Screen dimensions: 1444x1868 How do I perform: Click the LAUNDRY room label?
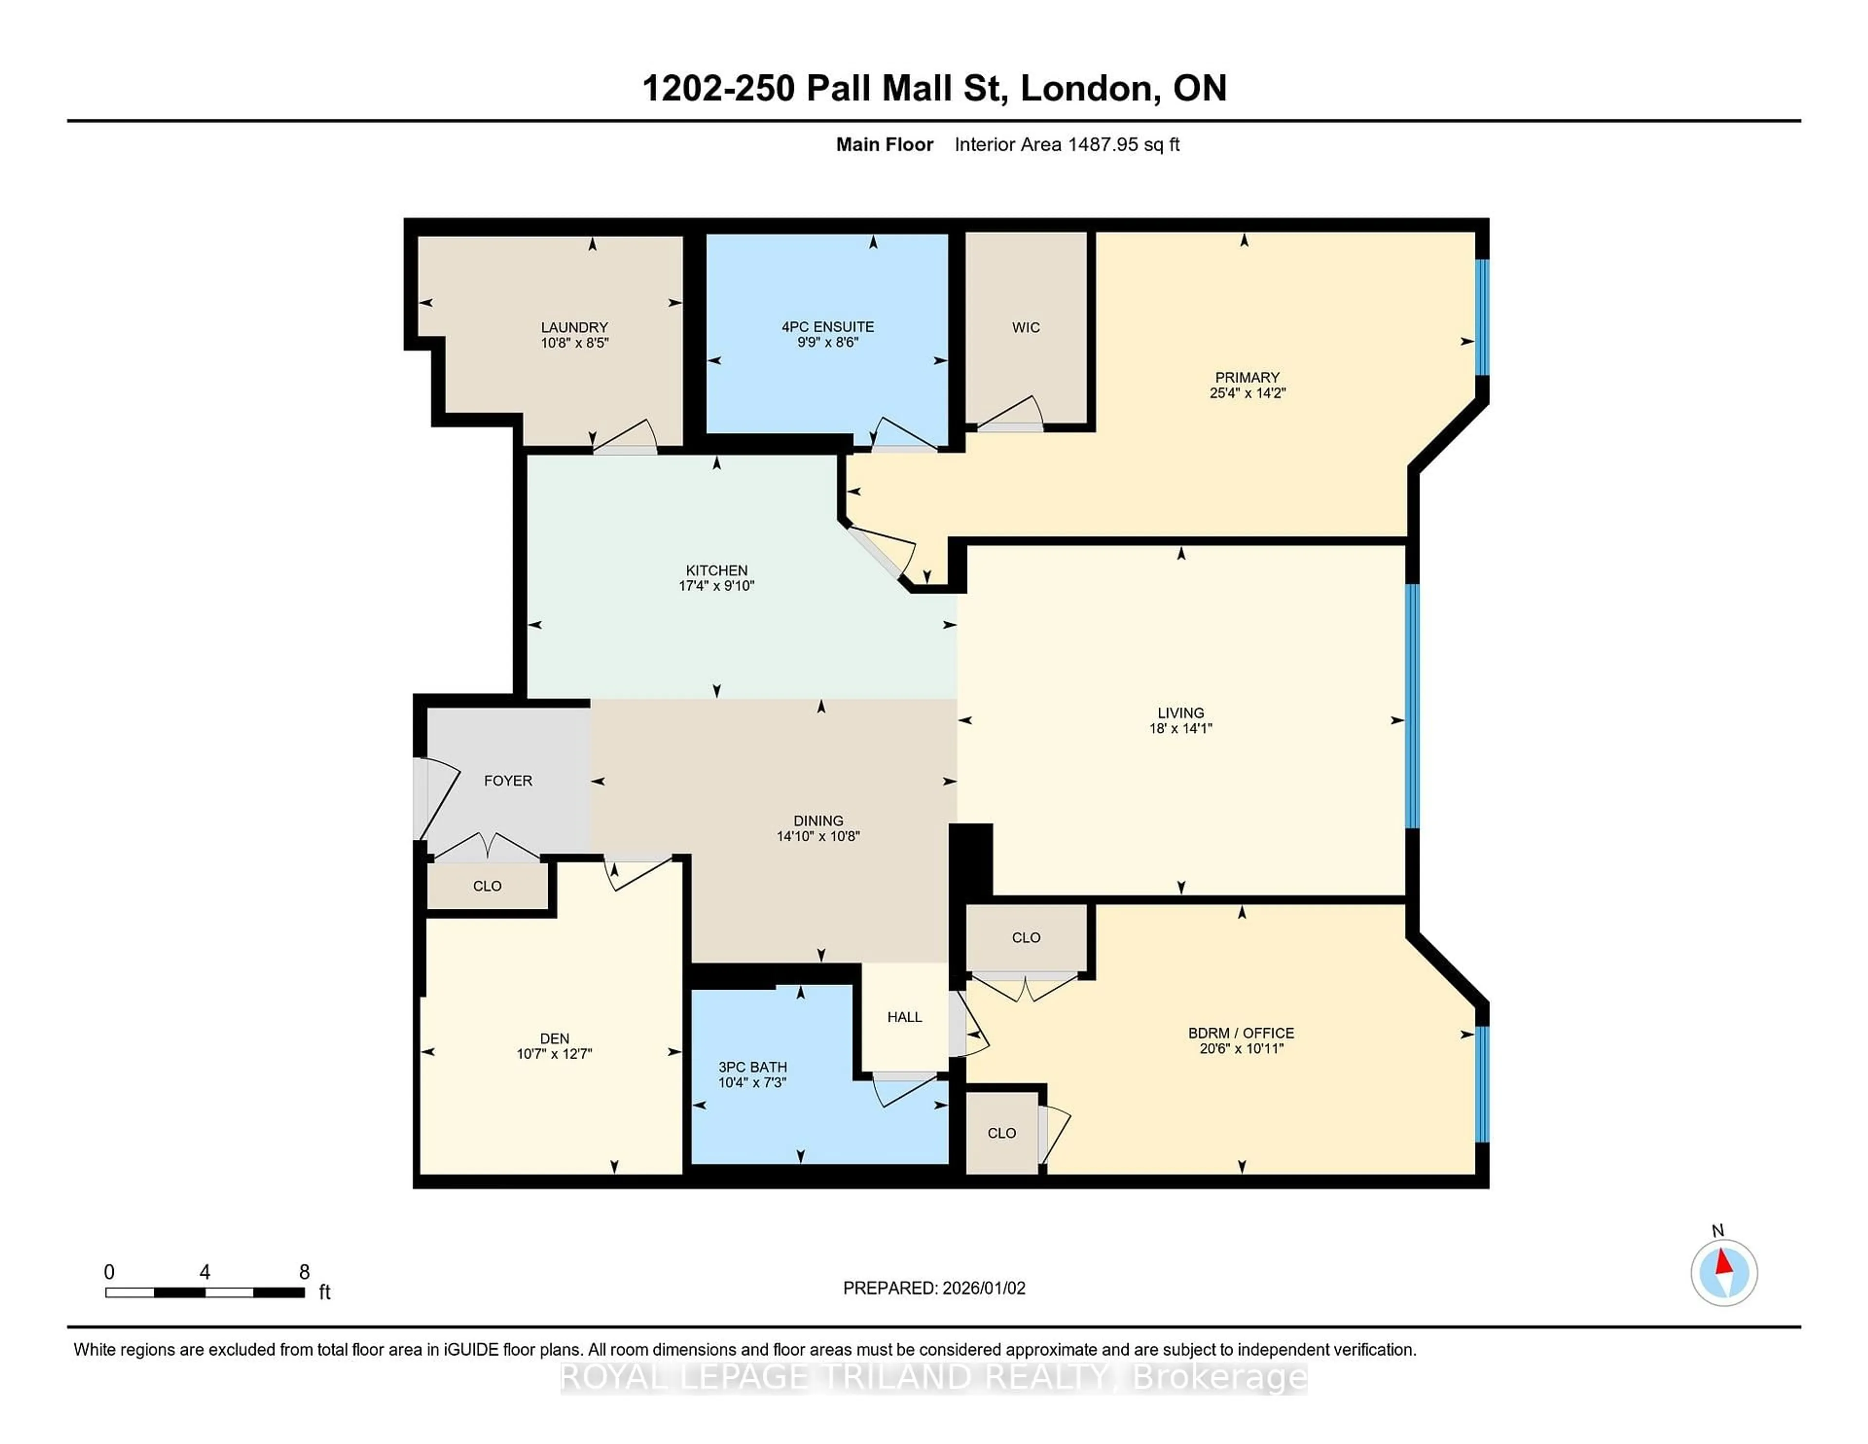click(574, 327)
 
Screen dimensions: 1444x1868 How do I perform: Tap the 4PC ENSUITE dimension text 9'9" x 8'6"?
click(827, 342)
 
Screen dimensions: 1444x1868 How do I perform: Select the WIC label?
click(1025, 327)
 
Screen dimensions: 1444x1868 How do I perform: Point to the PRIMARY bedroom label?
click(1247, 377)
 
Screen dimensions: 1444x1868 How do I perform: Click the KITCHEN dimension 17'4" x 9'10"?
click(716, 586)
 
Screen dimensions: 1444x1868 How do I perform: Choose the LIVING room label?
click(1180, 713)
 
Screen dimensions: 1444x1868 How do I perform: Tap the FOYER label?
click(508, 780)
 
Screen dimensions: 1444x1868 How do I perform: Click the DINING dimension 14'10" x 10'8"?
click(818, 836)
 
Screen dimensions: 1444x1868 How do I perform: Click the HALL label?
click(904, 1016)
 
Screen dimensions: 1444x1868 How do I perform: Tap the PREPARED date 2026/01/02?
click(983, 1287)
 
